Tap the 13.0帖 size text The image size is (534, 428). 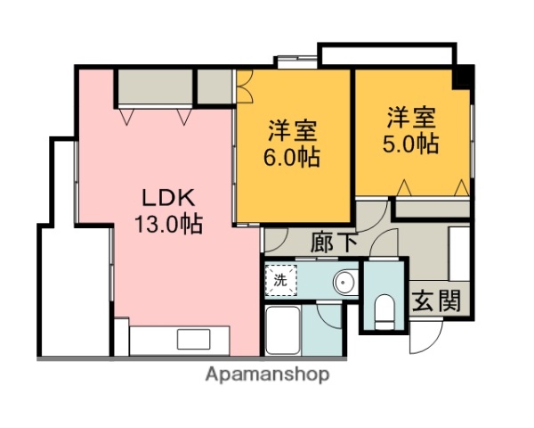coord(169,223)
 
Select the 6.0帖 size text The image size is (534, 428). coord(294,157)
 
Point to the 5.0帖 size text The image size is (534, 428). coord(411,144)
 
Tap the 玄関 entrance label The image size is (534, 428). coord(437,300)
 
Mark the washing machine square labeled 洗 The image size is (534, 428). coord(281,280)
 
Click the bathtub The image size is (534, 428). coord(284,331)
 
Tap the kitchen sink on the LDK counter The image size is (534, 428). coord(191,339)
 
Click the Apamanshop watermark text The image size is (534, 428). coord(267,374)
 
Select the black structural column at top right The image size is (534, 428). coord(462,77)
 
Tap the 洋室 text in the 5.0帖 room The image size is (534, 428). coord(411,118)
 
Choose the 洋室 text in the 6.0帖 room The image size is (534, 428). coord(294,130)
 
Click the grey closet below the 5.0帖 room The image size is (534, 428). coord(432,210)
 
